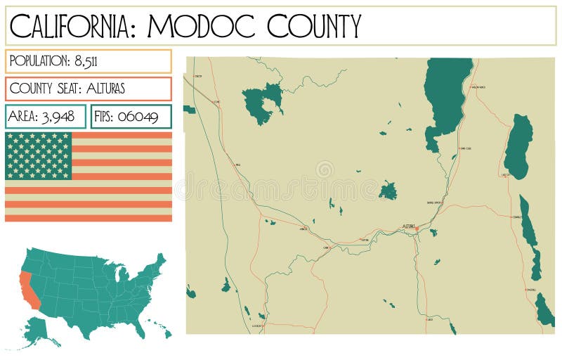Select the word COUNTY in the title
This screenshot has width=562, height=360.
313,26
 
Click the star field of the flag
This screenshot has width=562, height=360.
39,155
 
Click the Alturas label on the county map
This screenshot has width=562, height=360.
408,226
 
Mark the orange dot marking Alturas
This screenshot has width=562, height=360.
417,229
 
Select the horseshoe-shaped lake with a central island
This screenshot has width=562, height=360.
262,103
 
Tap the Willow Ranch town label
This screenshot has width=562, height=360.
478,87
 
